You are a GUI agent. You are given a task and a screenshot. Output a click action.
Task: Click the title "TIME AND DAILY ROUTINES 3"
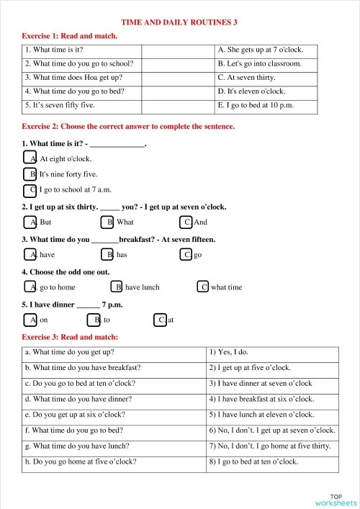pyautogui.click(x=179, y=22)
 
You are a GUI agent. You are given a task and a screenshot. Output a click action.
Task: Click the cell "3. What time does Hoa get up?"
pyautogui.click(x=81, y=77)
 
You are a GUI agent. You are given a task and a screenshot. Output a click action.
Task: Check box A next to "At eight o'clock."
pyautogui.click(x=30, y=158)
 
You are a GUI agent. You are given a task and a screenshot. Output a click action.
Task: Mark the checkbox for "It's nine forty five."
pyautogui.click(x=30, y=174)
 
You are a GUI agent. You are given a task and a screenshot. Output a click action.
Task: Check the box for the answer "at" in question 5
pyautogui.click(x=160, y=320)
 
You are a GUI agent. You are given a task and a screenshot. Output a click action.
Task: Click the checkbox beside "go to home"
pyautogui.click(x=30, y=287)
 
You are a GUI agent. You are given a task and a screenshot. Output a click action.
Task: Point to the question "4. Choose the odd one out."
pyautogui.click(x=66, y=271)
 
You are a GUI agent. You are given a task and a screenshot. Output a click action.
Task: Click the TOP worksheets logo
pyautogui.click(x=336, y=499)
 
